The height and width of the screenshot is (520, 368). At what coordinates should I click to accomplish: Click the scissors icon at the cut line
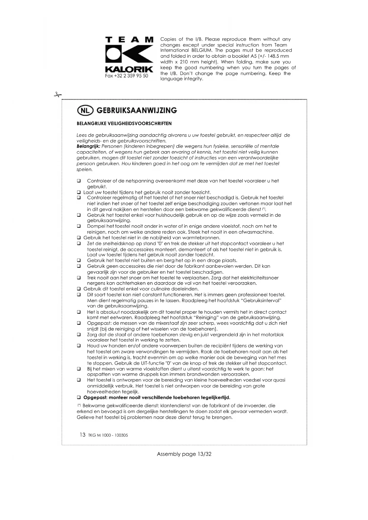coord(58,95)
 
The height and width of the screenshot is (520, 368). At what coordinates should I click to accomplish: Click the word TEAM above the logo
coord(129,40)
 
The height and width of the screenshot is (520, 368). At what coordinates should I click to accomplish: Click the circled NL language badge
coord(85,111)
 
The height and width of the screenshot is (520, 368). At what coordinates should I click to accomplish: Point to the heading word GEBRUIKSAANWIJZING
coord(137,110)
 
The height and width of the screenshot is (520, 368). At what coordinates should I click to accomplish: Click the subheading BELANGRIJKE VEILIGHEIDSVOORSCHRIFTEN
coord(124,124)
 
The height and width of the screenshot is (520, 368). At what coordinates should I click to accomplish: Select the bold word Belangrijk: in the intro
coord(88,146)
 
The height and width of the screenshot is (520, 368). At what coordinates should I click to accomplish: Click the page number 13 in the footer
coord(82,435)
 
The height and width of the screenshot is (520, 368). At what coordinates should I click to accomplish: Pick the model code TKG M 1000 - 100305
coord(108,435)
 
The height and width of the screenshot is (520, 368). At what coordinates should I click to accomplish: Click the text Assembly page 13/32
coord(184,454)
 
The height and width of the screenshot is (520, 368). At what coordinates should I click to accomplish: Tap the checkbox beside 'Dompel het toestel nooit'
coord(79,226)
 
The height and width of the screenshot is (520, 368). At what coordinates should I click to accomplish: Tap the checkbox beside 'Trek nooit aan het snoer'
coord(79,278)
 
